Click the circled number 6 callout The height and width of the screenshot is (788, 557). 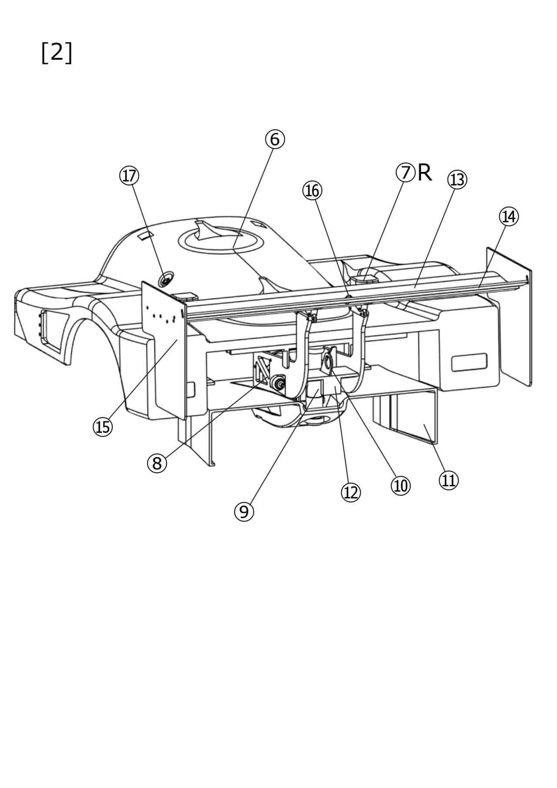tap(275, 139)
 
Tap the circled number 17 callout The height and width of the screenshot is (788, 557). tap(129, 176)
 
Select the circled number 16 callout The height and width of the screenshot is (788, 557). tap(312, 191)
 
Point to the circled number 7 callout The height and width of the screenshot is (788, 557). tap(405, 172)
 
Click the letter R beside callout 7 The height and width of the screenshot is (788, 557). tap(424, 173)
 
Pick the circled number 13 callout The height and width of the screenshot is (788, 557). tap(457, 179)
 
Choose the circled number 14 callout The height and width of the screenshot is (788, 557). tap(509, 216)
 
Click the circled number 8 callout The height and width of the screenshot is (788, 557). tap(157, 463)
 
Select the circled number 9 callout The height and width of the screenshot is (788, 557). tap(244, 512)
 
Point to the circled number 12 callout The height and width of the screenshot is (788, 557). tap(351, 493)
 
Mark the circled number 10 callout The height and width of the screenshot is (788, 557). tap(400, 485)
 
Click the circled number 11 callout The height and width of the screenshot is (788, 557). tap(449, 481)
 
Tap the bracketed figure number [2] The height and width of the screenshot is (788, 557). tap(57, 53)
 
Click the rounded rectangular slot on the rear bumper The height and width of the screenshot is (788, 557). tap(469, 363)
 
